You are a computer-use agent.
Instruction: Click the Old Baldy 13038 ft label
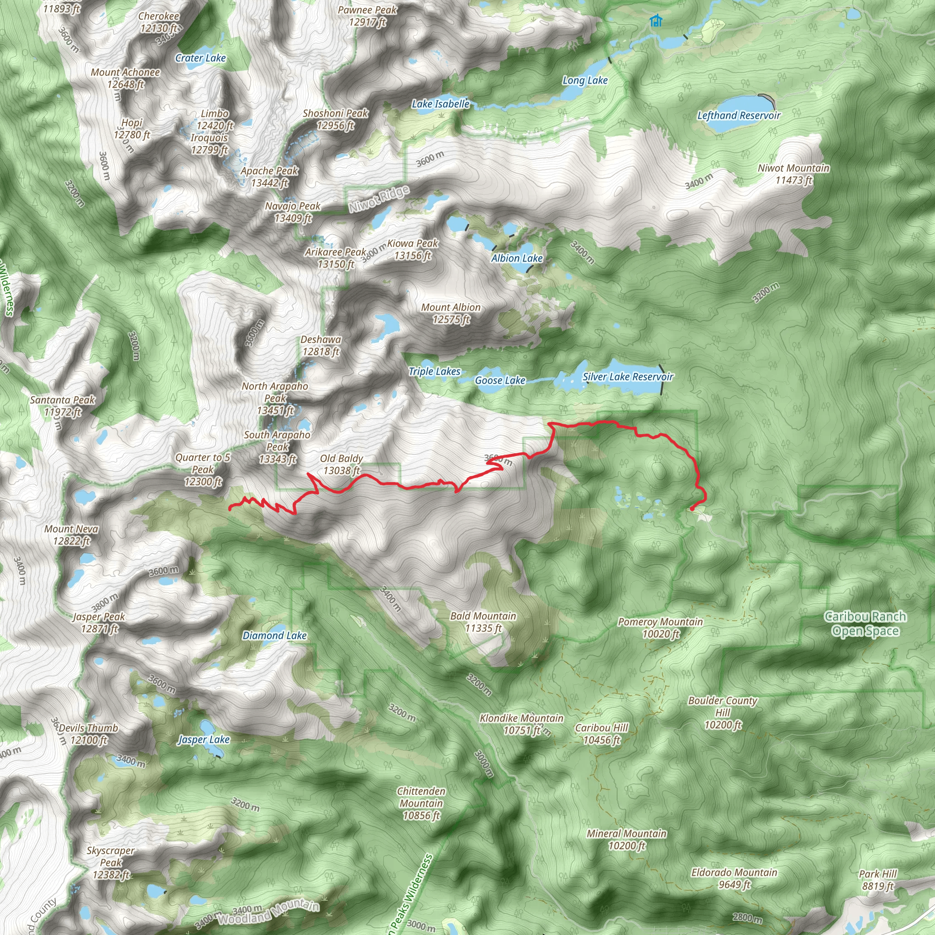pos(341,465)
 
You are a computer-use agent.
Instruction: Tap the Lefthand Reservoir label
pos(739,115)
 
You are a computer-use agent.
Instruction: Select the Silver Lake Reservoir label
pos(628,377)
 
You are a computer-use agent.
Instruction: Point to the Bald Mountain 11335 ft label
pos(483,622)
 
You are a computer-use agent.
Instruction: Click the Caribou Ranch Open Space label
pos(865,623)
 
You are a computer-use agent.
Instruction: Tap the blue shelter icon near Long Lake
pos(656,21)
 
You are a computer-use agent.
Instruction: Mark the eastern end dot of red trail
pos(692,509)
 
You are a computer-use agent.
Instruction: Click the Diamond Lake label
pos(274,636)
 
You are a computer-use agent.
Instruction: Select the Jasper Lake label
pos(204,740)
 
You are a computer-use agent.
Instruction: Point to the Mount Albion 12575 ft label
pos(451,313)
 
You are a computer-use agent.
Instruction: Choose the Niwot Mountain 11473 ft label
pos(793,174)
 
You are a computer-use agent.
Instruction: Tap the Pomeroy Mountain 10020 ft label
pos(660,628)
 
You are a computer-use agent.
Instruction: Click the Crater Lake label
pos(200,58)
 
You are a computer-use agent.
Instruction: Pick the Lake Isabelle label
pos(441,104)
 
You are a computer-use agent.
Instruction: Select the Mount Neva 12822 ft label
pos(71,535)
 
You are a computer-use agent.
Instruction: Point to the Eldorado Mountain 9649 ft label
pos(734,878)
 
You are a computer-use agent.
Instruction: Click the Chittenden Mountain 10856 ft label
pos(421,804)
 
